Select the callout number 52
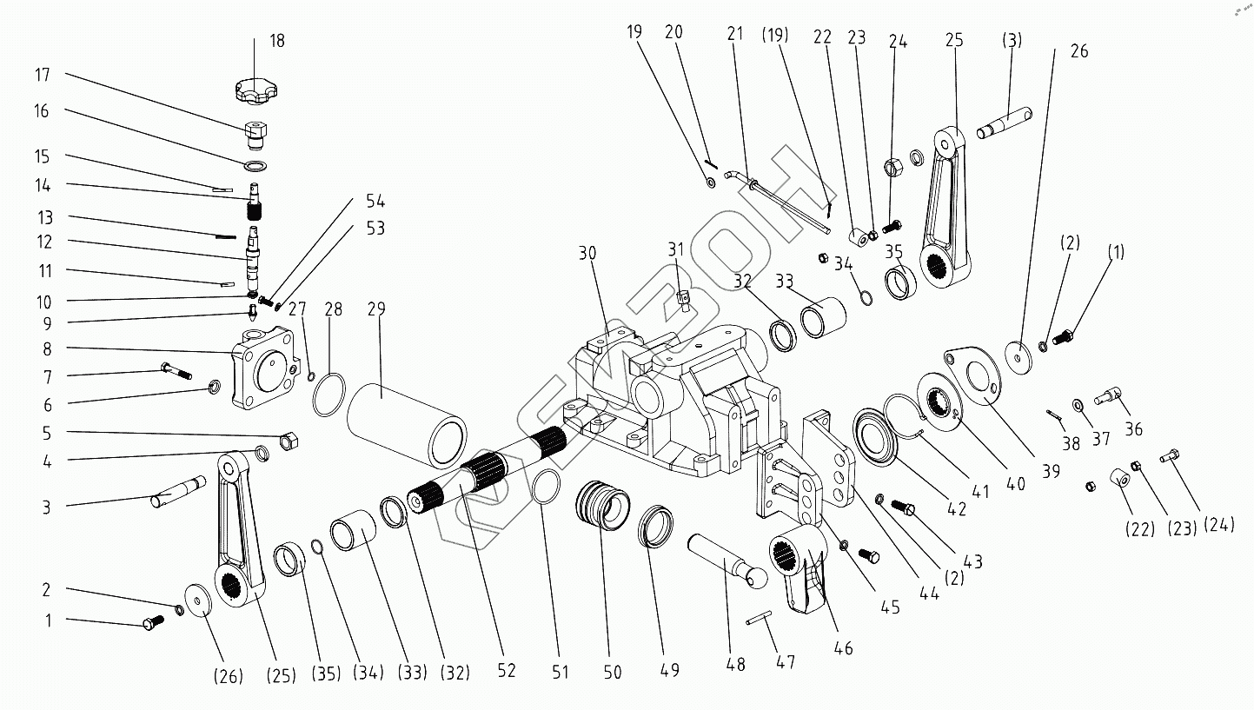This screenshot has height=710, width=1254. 507,671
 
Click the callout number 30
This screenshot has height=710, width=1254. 588,254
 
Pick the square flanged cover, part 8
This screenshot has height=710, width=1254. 264,368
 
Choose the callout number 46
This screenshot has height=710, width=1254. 843,647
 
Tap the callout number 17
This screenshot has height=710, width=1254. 43,76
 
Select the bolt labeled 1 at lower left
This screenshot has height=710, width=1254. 151,622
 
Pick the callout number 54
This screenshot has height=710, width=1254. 375,202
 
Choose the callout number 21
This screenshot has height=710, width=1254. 736,34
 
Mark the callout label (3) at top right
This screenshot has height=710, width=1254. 1012,40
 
